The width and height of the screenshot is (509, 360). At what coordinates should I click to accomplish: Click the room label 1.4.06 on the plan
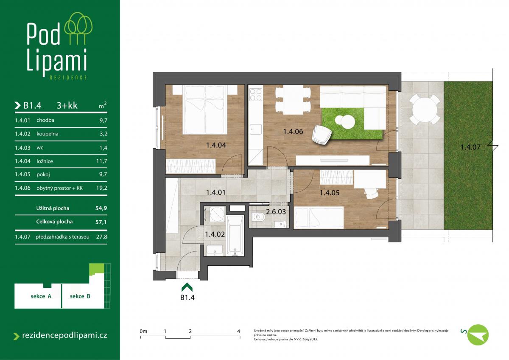click(293, 132)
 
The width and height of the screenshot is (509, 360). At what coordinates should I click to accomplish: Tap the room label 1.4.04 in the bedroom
click(216, 145)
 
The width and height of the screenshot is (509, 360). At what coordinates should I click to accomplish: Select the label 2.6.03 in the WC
click(276, 212)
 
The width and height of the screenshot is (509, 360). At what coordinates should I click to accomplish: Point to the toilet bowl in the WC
click(259, 217)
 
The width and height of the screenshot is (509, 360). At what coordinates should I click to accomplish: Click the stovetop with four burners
click(256, 95)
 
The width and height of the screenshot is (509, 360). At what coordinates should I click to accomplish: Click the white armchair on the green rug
click(322, 135)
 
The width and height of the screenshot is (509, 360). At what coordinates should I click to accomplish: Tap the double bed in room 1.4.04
click(205, 110)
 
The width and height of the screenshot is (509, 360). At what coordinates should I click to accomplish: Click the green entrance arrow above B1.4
click(187, 287)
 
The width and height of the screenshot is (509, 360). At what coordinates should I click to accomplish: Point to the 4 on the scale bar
click(238, 332)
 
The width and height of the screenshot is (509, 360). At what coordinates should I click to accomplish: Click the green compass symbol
click(478, 335)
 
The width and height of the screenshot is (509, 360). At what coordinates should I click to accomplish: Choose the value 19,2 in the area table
click(101, 188)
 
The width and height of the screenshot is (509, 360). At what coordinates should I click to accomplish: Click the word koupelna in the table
click(47, 134)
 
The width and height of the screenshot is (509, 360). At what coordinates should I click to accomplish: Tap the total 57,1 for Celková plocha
click(101, 222)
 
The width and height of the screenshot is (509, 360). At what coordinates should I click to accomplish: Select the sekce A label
click(41, 296)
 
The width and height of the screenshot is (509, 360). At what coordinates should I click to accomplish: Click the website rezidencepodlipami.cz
click(64, 335)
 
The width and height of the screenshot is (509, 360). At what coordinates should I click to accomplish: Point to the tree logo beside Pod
click(78, 28)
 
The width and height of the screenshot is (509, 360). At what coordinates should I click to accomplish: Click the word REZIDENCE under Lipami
click(68, 78)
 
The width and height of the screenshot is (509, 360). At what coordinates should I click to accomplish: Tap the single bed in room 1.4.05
click(319, 217)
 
